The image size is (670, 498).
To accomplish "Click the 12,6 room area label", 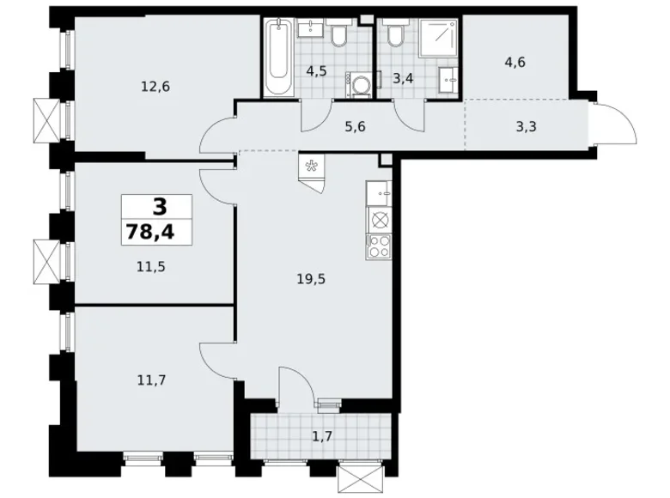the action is tap(155, 87).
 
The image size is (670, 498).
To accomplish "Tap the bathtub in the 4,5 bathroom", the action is tap(278, 58).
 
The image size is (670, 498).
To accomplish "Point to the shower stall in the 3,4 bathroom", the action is tap(438, 38).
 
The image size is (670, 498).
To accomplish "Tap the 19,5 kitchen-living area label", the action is tap(311, 279).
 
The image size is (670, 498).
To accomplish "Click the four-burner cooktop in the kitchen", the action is tap(379, 247).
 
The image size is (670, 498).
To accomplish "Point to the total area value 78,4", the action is tap(150, 233).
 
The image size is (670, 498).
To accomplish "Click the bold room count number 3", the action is tap(160, 208).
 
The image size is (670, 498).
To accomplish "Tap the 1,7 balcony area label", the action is tap(322, 436).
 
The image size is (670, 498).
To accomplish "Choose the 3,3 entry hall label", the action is tap(526, 127).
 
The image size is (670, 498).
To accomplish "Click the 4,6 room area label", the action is tap(515, 63).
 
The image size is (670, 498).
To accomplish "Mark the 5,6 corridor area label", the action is tap(355, 127).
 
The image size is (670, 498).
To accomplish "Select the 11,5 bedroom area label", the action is tap(151, 267).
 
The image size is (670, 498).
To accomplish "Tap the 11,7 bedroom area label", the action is tap(152, 380).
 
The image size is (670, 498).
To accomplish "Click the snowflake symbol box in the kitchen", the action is tap(312, 166).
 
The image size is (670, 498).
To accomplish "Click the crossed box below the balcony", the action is tap(359, 479).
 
